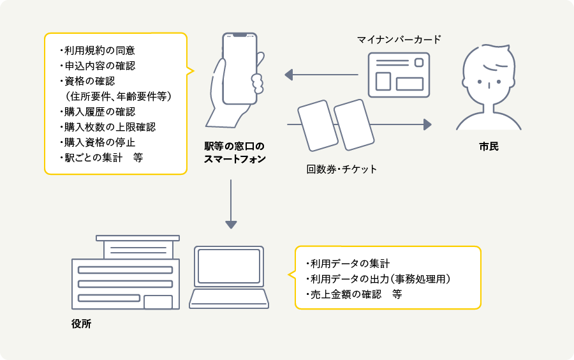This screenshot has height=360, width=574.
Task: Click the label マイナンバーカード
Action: pyautogui.click(x=399, y=40)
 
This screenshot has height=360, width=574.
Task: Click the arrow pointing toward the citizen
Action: pyautogui.click(x=395, y=124)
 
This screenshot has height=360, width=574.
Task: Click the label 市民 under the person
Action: pyautogui.click(x=489, y=147)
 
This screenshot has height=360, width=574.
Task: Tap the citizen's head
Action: pyautogui.click(x=489, y=75)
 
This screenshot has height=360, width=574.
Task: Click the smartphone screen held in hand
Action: pyautogui.click(x=240, y=68)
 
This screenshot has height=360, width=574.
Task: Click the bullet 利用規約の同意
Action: pyautogui.click(x=97, y=50)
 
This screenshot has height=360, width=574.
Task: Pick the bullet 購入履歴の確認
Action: pyautogui.click(x=97, y=112)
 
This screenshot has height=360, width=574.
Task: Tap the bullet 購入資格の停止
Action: pyautogui.click(x=97, y=142)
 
